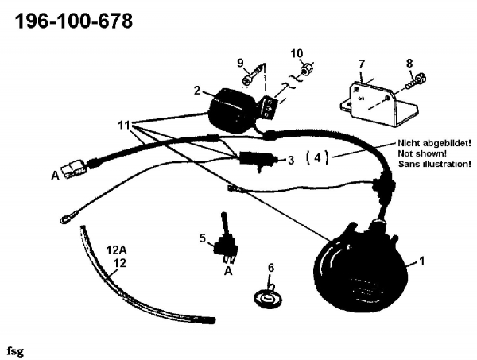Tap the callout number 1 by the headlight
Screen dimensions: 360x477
[422, 261]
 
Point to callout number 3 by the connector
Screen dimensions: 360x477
[292, 160]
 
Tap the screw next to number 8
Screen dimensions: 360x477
[416, 79]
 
